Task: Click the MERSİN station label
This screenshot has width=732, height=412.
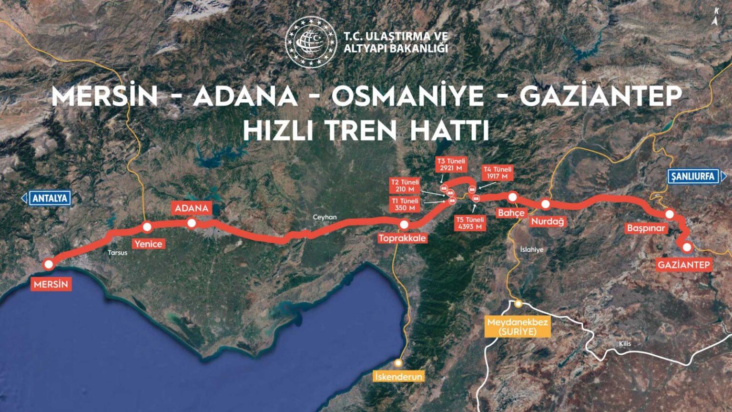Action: (51, 284)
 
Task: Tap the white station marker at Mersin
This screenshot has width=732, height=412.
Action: (48, 264)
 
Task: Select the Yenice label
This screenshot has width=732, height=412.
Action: (148, 244)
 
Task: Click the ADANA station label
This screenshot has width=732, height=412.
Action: (192, 208)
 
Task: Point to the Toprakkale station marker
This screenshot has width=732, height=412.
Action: (404, 225)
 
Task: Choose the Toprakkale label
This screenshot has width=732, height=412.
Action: (402, 238)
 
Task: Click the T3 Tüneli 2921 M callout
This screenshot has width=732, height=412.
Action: (451, 165)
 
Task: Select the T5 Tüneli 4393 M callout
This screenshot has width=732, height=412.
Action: (470, 223)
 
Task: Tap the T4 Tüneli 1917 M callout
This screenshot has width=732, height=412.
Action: (497, 173)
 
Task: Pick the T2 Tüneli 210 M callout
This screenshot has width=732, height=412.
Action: (405, 185)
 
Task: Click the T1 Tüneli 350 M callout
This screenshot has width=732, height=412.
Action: (405, 205)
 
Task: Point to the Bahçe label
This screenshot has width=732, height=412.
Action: (511, 213)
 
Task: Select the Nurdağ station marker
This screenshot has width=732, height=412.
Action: (546, 204)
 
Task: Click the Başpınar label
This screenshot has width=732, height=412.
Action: (646, 228)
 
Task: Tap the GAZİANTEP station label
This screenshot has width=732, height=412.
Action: (684, 265)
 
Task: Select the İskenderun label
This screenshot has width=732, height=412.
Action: (398, 377)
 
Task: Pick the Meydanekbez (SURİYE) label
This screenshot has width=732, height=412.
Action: (518, 327)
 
